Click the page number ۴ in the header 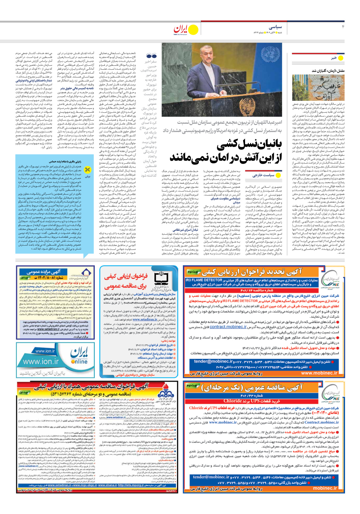pos(343,27)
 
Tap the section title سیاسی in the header pos(276,27)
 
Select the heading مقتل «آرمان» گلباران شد pos(328,71)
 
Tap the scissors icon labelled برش pos(88,170)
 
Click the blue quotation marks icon pos(151,56)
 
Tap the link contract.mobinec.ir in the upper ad pos(228,327)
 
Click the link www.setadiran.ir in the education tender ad pos(145,319)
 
